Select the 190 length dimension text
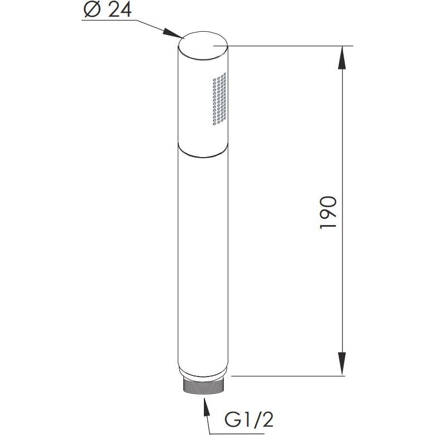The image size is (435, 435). pyautogui.click(x=328, y=213)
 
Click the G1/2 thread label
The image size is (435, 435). pyautogui.click(x=249, y=420)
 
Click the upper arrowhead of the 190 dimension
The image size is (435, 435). pyautogui.click(x=343, y=58)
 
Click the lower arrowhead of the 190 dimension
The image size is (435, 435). pyautogui.click(x=343, y=364)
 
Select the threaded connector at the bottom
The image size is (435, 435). pyautogui.click(x=203, y=385)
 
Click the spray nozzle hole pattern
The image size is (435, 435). pyautogui.click(x=219, y=99)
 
